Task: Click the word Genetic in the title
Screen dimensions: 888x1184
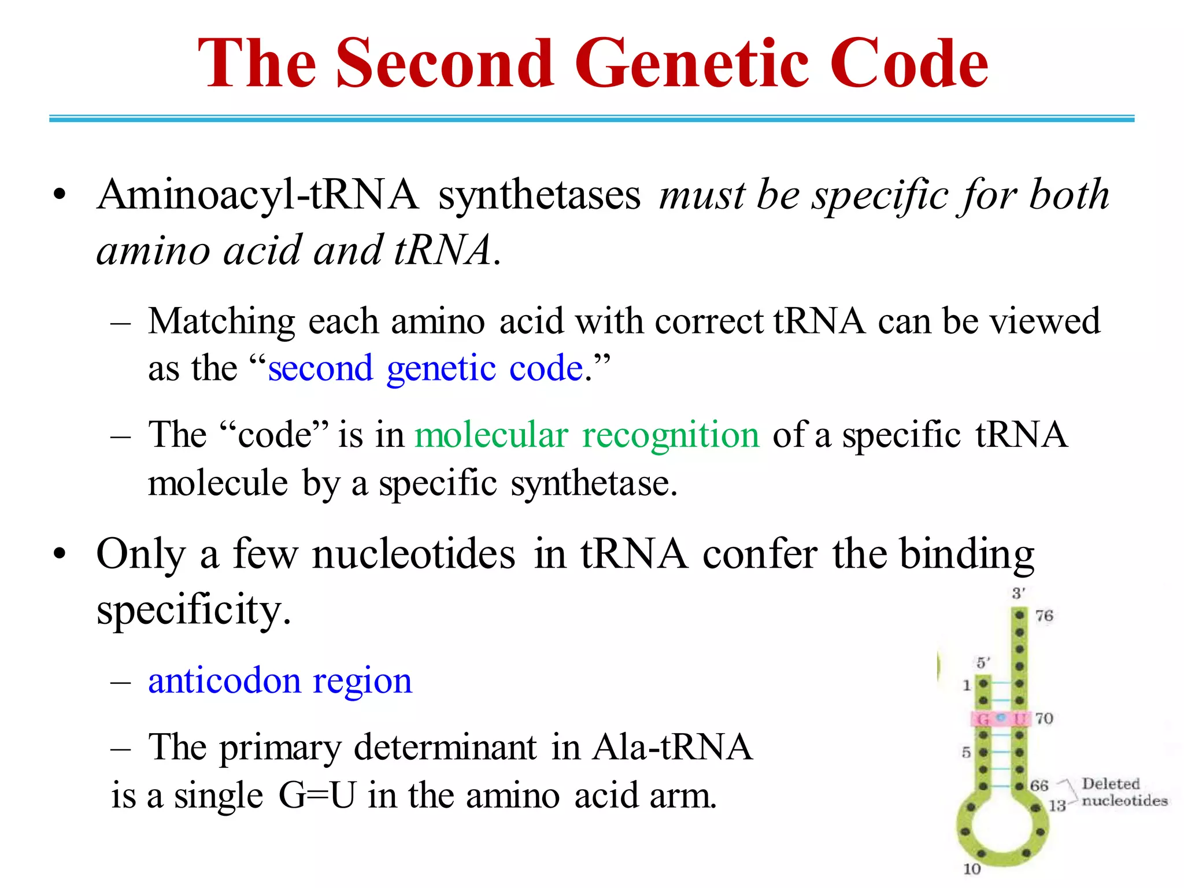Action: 691,64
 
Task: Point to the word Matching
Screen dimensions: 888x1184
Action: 221,321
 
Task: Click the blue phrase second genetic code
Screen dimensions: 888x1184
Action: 425,369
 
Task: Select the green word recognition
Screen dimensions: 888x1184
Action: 671,435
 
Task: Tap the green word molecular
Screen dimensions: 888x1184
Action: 491,435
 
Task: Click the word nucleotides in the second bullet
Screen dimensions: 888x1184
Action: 413,554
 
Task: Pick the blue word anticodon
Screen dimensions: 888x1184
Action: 223,680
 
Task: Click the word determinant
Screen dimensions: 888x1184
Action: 445,748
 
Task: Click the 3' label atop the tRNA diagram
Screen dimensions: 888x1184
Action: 1019,593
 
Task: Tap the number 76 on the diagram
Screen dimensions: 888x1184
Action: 1044,616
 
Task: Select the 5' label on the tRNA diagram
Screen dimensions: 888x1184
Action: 983,663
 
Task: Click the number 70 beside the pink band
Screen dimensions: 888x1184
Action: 1044,719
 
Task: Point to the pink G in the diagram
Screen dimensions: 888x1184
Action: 982,719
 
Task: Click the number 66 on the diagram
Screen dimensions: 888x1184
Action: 1039,786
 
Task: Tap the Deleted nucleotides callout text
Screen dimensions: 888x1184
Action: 1124,793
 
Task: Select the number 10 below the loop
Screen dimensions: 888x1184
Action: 972,869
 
